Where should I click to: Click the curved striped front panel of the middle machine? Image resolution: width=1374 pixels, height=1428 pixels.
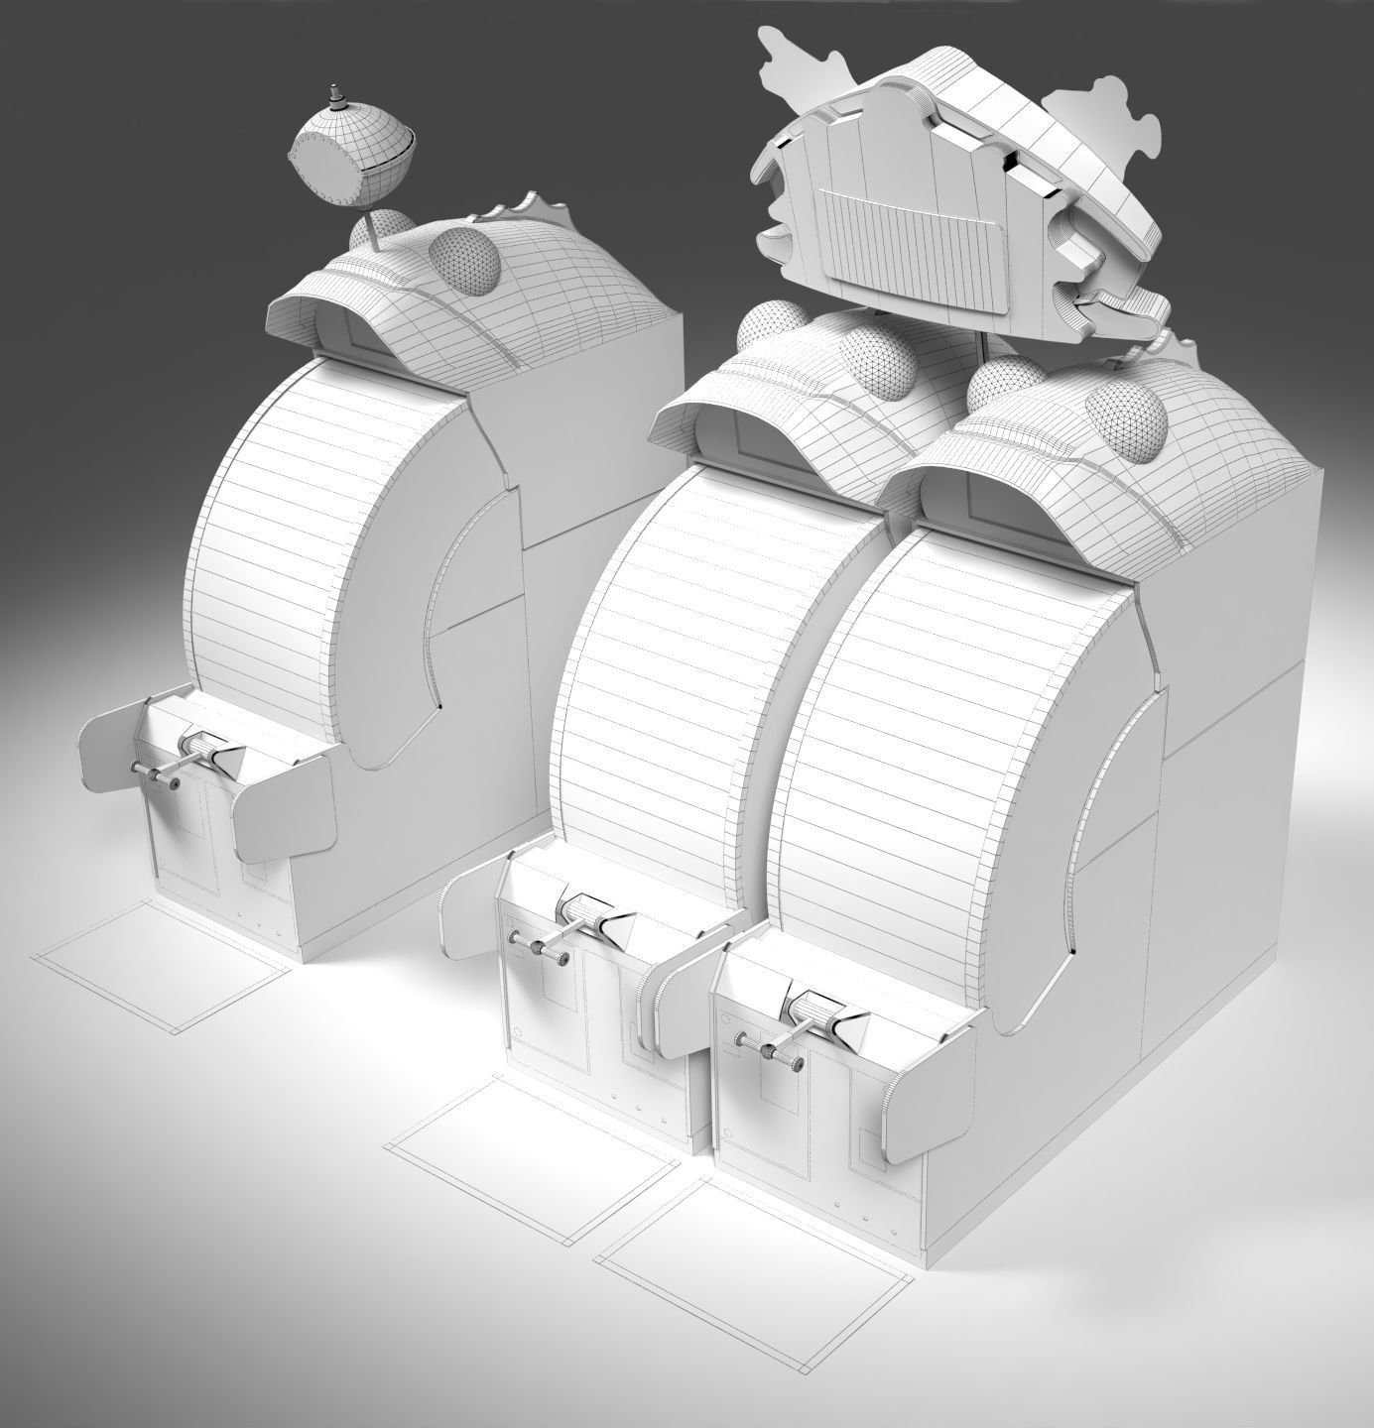tap(660, 684)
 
